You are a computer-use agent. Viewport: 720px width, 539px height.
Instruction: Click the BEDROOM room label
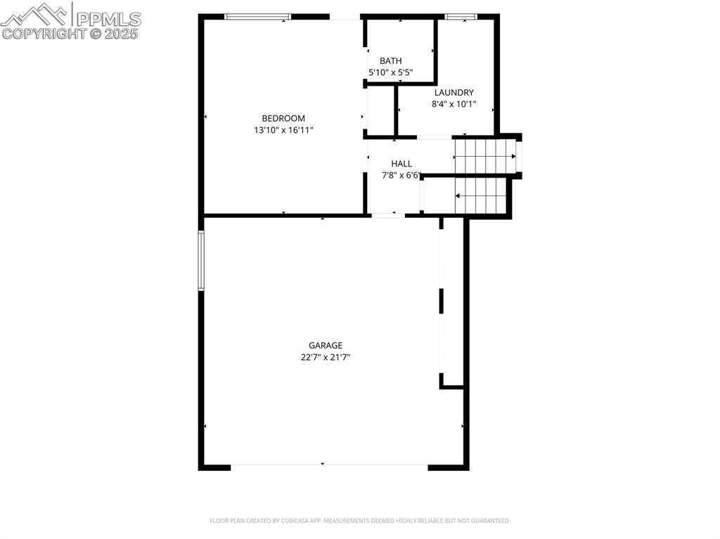click(283, 118)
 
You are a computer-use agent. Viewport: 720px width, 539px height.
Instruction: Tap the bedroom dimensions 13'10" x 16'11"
click(283, 130)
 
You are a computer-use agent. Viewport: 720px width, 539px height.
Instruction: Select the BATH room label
click(390, 61)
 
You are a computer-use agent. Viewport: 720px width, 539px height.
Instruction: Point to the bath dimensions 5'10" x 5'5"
click(390, 72)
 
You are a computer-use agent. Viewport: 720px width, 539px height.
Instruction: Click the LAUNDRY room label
click(454, 92)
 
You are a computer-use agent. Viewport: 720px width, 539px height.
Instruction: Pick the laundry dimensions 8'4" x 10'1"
click(454, 104)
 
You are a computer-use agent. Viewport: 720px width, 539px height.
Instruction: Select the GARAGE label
click(326, 345)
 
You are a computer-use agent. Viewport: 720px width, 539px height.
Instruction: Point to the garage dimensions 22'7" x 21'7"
click(326, 357)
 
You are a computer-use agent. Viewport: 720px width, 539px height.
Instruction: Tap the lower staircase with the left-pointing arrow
click(481, 195)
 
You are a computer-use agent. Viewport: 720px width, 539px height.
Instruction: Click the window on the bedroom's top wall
click(257, 16)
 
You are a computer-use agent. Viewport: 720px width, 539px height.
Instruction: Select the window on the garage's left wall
click(200, 261)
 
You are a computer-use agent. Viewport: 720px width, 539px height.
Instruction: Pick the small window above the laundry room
click(461, 16)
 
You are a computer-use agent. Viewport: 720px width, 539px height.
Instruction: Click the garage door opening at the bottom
click(329, 465)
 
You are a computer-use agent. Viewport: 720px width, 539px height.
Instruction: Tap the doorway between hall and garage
click(388, 215)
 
